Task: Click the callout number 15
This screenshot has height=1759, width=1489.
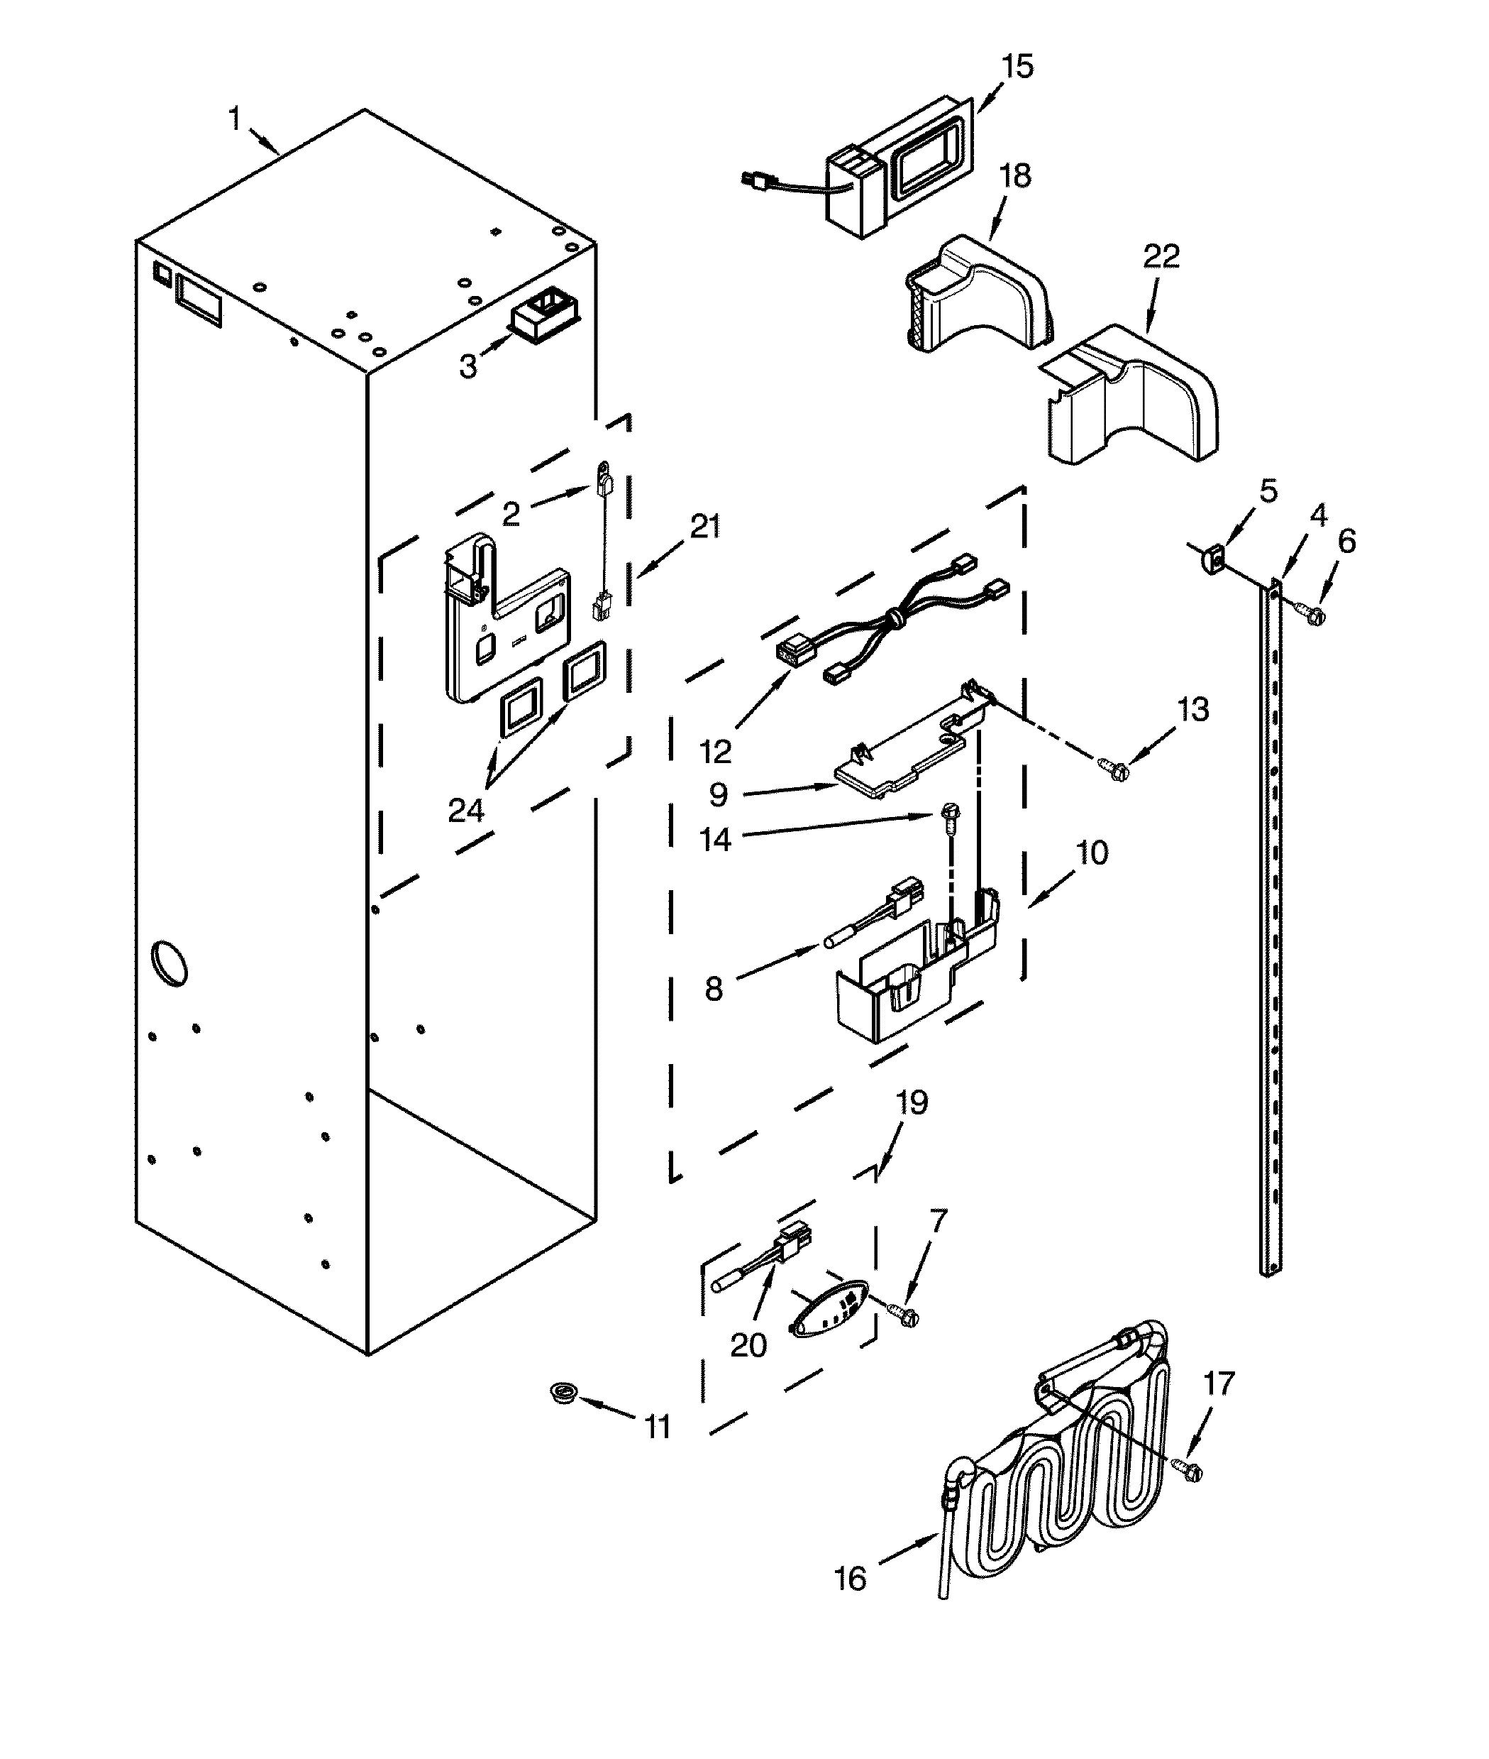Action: (x=1017, y=66)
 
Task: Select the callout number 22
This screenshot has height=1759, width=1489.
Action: (x=1161, y=256)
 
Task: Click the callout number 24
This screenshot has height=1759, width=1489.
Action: (x=466, y=810)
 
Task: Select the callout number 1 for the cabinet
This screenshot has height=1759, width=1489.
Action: (x=236, y=119)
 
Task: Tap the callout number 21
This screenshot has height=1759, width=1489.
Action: (x=705, y=526)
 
